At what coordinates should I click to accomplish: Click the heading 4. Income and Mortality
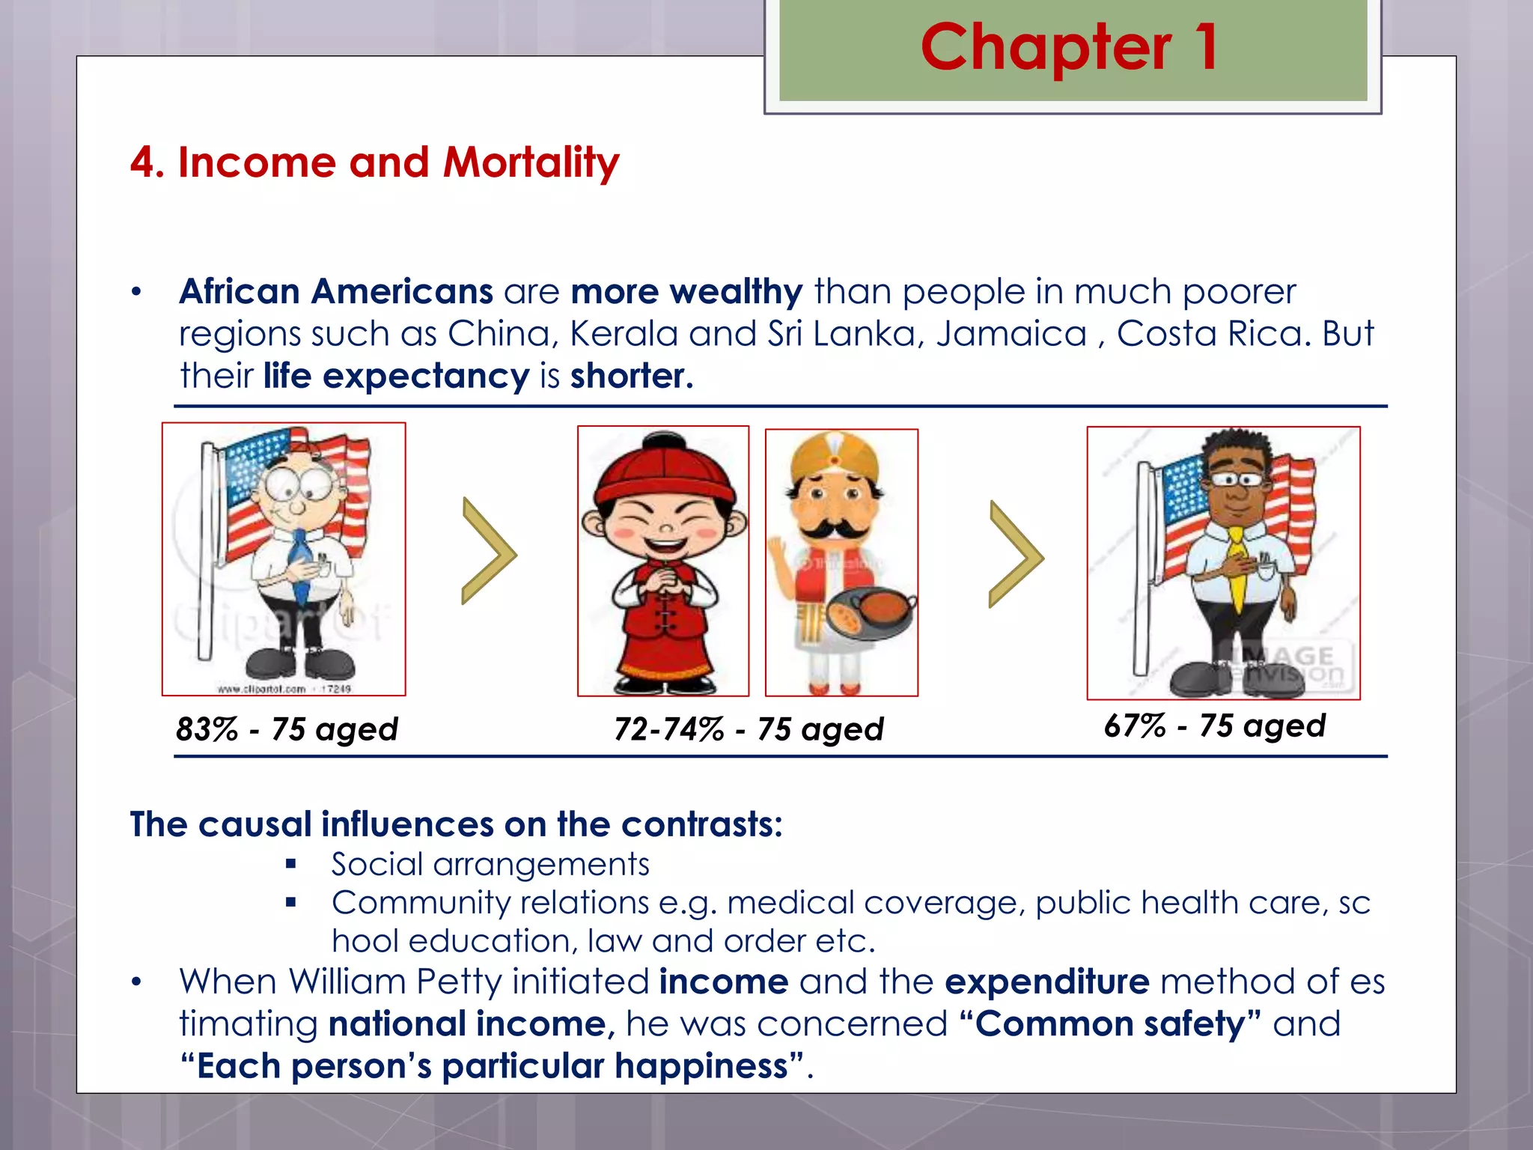(374, 162)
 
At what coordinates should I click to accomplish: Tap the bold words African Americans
(335, 291)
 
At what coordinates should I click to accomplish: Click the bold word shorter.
(631, 376)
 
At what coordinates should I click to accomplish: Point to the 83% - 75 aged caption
(287, 728)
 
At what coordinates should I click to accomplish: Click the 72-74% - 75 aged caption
(749, 728)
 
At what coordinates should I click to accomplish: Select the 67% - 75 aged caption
(1214, 725)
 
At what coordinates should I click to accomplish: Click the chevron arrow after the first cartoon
(488, 552)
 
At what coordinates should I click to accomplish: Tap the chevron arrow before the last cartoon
(1015, 555)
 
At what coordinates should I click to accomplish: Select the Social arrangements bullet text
(490, 864)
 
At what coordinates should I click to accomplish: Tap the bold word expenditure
(1046, 982)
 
